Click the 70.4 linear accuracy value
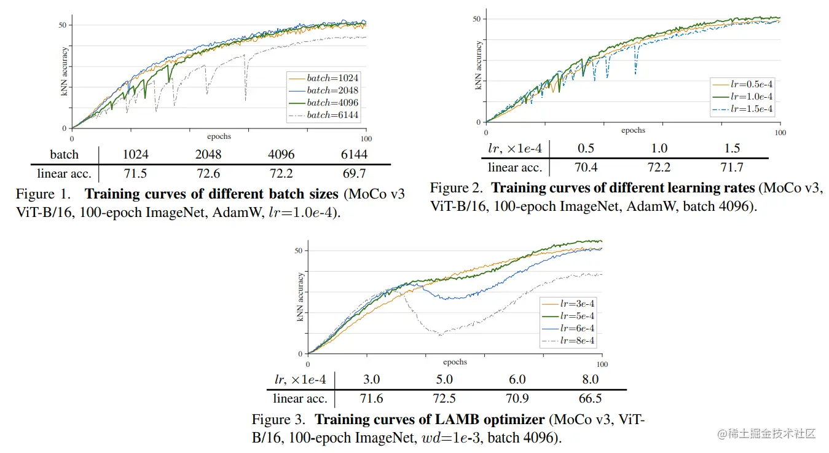point(586,167)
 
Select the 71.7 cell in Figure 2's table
point(731,167)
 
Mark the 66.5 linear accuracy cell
point(590,398)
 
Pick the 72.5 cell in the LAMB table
point(444,398)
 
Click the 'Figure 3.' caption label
point(278,420)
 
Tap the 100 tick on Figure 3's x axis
point(602,364)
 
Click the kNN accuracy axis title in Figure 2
point(479,66)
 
